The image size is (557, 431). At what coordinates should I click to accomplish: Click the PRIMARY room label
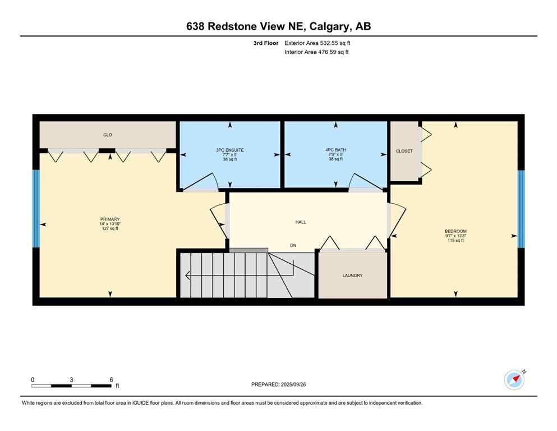[x=109, y=219]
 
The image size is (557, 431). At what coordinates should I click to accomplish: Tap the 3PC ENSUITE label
[x=230, y=150]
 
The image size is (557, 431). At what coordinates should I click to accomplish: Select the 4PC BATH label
[x=335, y=150]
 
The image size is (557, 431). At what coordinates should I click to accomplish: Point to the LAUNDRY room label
[x=352, y=276]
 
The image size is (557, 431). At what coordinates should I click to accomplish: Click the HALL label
[x=301, y=222]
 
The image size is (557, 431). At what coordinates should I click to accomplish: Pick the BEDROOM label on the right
[x=455, y=231]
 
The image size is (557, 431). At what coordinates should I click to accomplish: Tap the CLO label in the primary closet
[x=108, y=135]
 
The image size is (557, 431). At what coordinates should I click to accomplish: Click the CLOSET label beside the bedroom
[x=404, y=151]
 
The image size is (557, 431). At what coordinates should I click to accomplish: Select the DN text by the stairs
[x=293, y=245]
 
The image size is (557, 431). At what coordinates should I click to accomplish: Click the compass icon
[x=514, y=379]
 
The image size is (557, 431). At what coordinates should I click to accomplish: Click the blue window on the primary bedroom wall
[x=36, y=208]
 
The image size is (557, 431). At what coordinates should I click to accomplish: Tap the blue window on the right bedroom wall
[x=521, y=208]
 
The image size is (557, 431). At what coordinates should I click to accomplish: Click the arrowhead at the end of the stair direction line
[x=188, y=275]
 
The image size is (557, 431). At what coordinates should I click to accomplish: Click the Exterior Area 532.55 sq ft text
[x=319, y=43]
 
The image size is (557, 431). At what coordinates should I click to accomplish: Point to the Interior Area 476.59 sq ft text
[x=317, y=52]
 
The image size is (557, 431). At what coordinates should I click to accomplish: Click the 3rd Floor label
[x=266, y=43]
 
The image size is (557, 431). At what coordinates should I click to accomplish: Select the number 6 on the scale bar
[x=111, y=379]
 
